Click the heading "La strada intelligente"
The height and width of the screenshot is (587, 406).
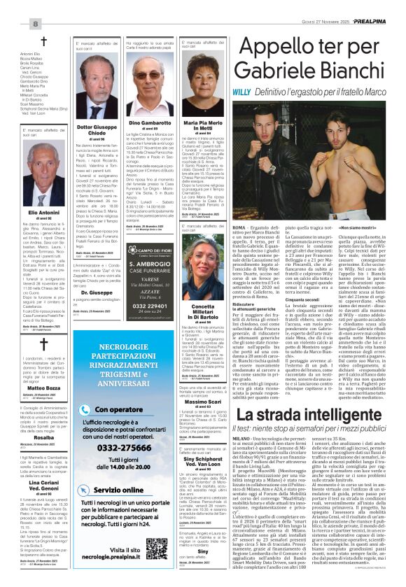point(314,416)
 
